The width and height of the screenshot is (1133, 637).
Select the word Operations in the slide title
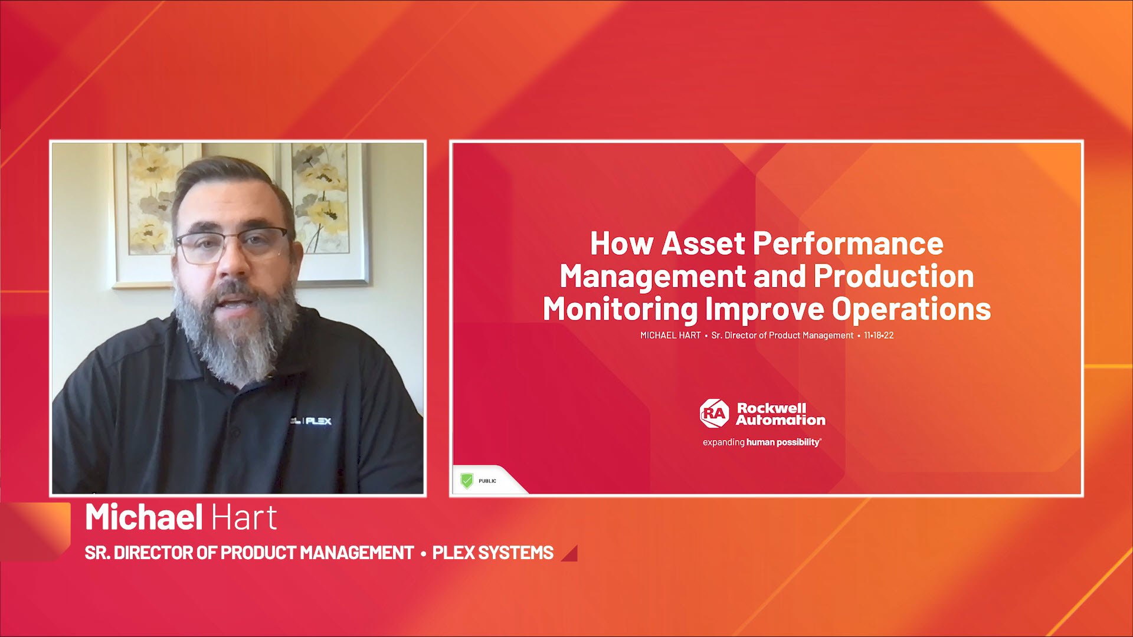911,309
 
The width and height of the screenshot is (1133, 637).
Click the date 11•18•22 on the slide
879,335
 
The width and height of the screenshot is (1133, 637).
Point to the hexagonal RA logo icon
715,413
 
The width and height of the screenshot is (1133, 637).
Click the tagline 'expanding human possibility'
762,442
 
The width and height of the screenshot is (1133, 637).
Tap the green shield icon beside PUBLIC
467,481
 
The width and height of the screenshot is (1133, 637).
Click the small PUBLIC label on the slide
487,481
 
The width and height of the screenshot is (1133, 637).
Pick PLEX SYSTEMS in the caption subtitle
493,553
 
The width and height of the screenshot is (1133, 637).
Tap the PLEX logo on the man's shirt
317,421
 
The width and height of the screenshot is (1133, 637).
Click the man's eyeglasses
232,245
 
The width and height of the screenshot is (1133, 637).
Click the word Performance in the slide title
848,243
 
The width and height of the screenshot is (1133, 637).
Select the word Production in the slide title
894,276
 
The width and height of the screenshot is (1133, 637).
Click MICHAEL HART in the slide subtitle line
670,335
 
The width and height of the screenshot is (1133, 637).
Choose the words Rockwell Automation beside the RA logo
781,414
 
